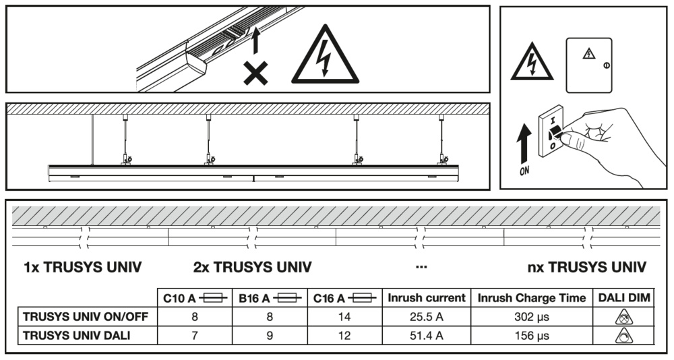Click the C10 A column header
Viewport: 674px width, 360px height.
tap(194, 297)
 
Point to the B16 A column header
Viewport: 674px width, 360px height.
tap(269, 297)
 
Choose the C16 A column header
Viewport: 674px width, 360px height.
tap(344, 297)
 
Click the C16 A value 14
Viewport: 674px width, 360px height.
tap(344, 316)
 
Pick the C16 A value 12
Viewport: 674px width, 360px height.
tap(344, 335)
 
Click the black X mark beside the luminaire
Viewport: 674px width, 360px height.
tap(255, 72)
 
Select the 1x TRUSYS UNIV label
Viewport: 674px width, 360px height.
tap(83, 268)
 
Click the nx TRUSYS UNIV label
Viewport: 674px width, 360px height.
tap(587, 268)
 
